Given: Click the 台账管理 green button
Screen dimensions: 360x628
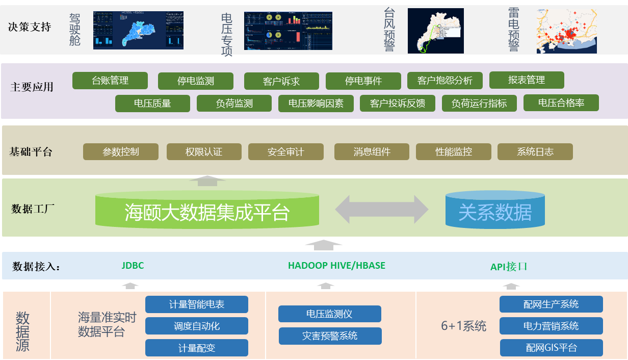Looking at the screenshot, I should tap(110, 81).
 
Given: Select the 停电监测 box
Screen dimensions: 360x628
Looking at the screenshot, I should tap(196, 81).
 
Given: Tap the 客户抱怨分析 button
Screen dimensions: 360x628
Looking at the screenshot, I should tap(444, 81).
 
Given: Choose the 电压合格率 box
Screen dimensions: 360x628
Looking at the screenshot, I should tap(561, 103).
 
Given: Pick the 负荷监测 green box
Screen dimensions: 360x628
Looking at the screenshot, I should tap(234, 104).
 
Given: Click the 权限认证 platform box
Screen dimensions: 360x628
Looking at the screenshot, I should tap(204, 152).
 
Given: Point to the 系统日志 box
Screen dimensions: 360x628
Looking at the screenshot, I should tap(535, 152).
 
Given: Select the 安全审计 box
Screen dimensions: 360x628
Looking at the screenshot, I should tap(285, 152).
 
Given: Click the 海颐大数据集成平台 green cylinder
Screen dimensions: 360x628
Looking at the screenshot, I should tap(207, 211).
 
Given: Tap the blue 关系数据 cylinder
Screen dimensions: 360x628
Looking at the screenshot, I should tap(495, 212).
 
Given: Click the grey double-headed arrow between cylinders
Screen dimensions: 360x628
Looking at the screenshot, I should tap(382, 210).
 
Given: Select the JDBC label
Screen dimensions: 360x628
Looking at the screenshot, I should tap(133, 266).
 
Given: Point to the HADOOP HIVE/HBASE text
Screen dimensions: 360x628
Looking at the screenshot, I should tap(336, 266).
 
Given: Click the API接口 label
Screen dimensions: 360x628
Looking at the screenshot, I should tap(509, 267).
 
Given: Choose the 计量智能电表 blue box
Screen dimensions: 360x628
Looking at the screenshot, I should tap(197, 304).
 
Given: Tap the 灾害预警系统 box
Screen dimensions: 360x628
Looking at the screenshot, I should tap(330, 336).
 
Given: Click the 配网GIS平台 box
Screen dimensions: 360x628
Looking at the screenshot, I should tap(551, 348).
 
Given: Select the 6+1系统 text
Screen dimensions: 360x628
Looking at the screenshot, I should tap(463, 326).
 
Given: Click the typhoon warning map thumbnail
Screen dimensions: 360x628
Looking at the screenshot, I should tap(436, 31).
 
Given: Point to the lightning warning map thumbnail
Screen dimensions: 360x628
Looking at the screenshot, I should tap(566, 31).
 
